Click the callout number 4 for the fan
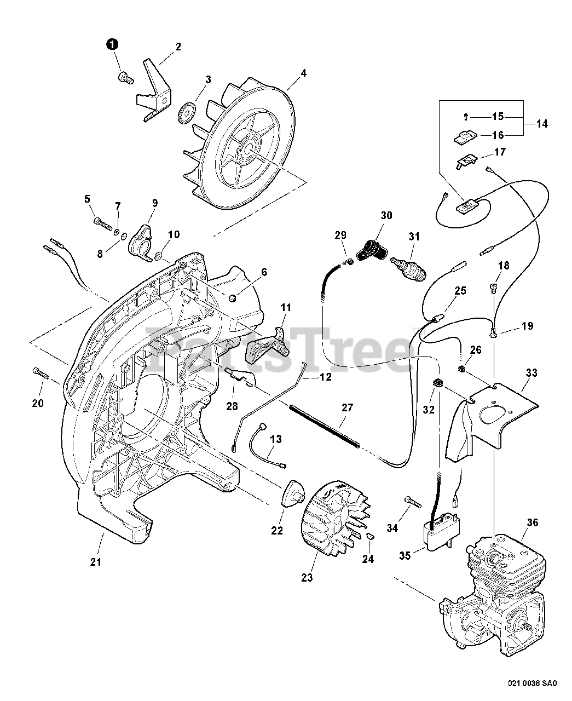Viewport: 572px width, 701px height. pos(303,73)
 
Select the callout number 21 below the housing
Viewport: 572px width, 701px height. pos(96,561)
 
